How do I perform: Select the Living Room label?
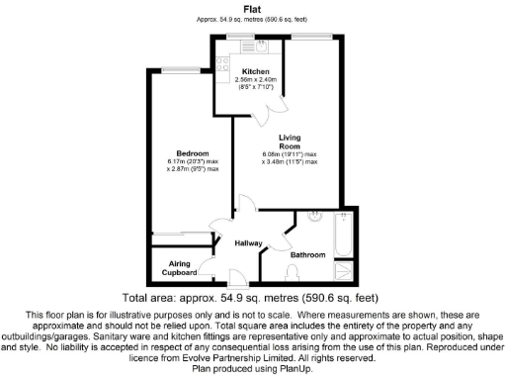tap(290, 141)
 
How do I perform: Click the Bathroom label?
tap(307, 255)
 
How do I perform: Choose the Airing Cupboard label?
tap(178, 268)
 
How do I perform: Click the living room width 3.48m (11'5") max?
tap(291, 162)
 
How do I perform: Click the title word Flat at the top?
tap(253, 8)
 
